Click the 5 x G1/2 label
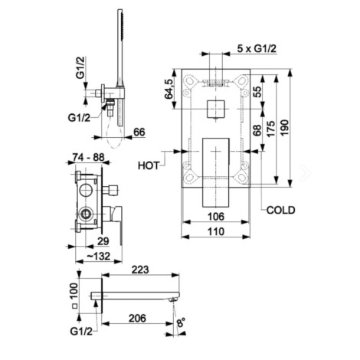(x=257, y=48)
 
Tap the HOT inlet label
(x=149, y=165)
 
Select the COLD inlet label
(x=280, y=210)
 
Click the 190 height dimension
(x=285, y=128)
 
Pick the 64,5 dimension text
(x=169, y=89)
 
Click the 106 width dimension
(x=216, y=217)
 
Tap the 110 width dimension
(x=216, y=231)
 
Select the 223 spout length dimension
(x=140, y=270)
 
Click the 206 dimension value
(x=137, y=318)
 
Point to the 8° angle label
(x=181, y=322)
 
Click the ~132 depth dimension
(x=99, y=256)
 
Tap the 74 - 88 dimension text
(x=88, y=157)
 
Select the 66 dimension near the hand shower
(x=139, y=132)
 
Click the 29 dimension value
(x=103, y=241)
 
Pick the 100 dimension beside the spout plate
(x=74, y=291)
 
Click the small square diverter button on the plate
(x=216, y=109)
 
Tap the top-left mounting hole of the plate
(x=189, y=80)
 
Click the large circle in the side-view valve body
(x=85, y=190)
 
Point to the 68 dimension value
(x=257, y=130)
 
